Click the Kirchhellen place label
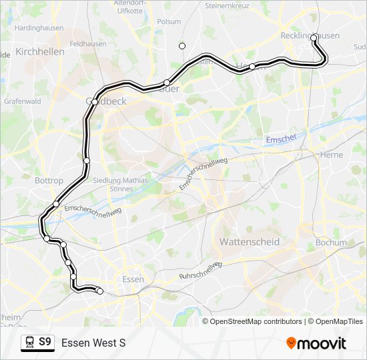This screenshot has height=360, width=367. (x=39, y=51)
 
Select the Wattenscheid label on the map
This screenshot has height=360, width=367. (x=250, y=242)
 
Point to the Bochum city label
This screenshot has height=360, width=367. (x=331, y=243)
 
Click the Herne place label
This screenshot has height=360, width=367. (x=332, y=155)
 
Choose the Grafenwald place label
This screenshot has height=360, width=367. (x=23, y=102)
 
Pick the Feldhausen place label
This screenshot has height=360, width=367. (x=84, y=43)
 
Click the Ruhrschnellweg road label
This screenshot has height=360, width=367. (x=201, y=271)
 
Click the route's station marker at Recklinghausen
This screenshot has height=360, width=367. (x=314, y=38)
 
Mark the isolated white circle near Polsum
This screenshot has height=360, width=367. (x=182, y=45)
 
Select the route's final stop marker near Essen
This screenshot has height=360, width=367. (x=99, y=291)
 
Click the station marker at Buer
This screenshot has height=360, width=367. (x=167, y=83)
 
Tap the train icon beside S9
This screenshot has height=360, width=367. (x=29, y=343)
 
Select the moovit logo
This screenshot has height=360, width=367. (x=316, y=343)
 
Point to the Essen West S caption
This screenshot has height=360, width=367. (x=93, y=343)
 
